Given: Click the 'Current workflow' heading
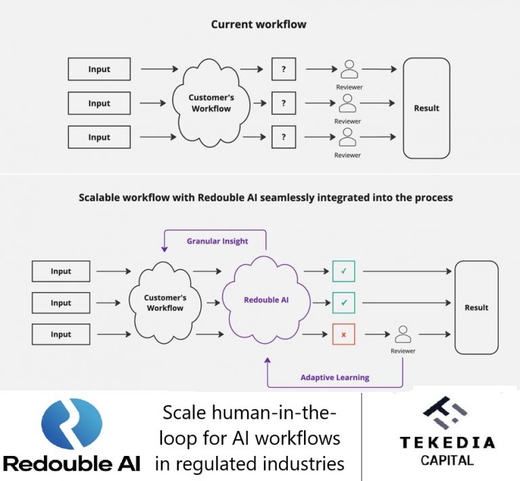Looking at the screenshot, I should coord(259,24).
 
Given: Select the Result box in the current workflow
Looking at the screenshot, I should coord(426,108).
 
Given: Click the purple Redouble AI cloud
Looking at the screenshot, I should coord(266,299).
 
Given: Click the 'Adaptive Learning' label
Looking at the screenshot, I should coord(334,377).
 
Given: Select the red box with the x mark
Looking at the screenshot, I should coord(343,335).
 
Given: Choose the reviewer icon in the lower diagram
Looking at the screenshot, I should coord(403,334).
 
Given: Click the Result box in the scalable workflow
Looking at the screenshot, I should coord(476,307).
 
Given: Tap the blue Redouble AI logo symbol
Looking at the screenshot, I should coord(71,425).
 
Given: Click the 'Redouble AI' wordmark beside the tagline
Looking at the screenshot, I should coord(72,464).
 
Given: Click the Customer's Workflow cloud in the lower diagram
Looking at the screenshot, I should coord(165,303).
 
